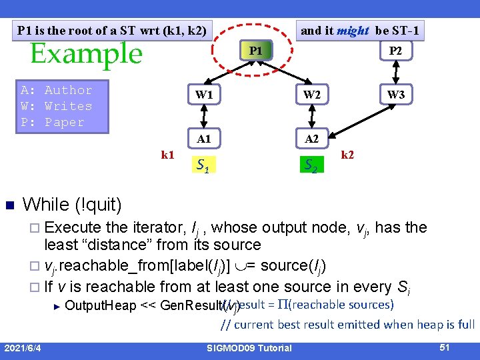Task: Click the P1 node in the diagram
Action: (256, 51)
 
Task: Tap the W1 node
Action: (204, 95)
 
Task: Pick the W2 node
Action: (311, 95)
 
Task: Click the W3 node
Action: (396, 95)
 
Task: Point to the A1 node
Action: (204, 139)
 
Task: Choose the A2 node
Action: (311, 139)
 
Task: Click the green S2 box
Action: (311, 164)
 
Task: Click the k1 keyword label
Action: (168, 155)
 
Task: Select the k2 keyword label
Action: (347, 155)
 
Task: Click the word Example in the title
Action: (86, 54)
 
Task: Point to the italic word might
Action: (353, 30)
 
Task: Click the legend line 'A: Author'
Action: (57, 90)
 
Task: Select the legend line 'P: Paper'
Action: (53, 122)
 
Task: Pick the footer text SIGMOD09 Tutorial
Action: (249, 348)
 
